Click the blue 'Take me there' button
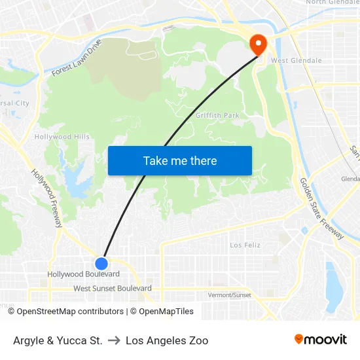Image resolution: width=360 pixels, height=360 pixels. [180, 160]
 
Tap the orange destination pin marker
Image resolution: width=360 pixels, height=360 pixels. [258, 44]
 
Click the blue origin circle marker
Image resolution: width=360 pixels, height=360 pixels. [101, 263]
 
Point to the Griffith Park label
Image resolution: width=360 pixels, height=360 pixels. [217, 116]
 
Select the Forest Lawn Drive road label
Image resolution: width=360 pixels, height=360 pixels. [77, 58]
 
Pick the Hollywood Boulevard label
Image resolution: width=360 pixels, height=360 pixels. [83, 274]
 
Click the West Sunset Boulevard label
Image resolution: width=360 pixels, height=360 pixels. [113, 289]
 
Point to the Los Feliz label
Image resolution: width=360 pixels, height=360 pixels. [245, 245]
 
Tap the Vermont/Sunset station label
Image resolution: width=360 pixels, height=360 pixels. [229, 295]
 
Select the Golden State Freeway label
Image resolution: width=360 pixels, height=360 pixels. [321, 209]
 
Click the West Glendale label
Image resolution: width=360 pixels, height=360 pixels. [296, 61]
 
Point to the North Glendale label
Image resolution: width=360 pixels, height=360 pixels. [333, 3]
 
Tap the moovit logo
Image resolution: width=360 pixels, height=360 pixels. [321, 340]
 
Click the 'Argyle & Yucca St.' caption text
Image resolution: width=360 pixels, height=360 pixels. [58, 340]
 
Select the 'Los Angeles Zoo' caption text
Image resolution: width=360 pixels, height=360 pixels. [167, 340]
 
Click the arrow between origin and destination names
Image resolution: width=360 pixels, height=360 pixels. [114, 340]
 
